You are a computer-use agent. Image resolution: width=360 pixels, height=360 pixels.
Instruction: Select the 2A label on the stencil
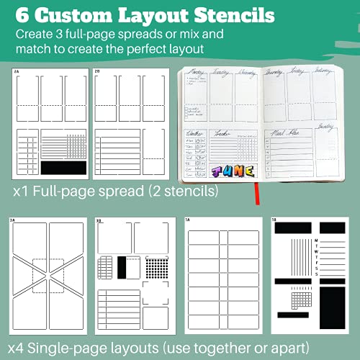[18, 73]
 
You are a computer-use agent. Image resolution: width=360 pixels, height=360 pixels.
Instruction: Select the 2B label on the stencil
[96, 73]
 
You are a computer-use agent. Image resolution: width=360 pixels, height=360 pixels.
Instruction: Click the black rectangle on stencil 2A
[63, 167]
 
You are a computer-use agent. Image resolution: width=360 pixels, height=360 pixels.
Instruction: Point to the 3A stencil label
[12, 220]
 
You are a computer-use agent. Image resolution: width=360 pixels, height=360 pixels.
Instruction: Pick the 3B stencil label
[99, 220]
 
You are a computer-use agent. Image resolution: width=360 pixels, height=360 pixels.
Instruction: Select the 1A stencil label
[188, 220]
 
